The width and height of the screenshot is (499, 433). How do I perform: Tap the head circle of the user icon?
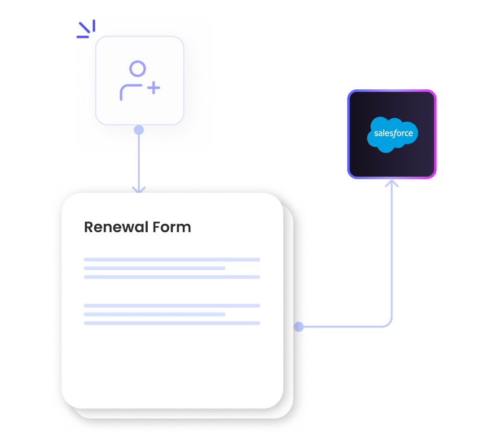tap(138, 69)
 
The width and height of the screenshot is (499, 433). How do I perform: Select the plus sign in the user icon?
tap(154, 89)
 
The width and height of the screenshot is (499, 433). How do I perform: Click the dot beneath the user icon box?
tap(139, 130)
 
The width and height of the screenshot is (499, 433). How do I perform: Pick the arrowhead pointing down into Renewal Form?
tap(139, 189)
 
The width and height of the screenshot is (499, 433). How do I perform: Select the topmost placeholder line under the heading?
tap(172, 259)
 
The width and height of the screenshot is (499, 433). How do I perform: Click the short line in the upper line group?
tap(154, 268)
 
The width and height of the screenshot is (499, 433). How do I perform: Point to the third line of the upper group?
tap(172, 277)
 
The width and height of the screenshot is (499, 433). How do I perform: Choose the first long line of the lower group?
tap(172, 306)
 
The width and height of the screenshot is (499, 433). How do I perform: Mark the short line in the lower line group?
tap(154, 314)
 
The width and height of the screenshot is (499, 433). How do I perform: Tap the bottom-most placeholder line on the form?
tap(172, 323)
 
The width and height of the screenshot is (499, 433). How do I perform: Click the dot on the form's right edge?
tap(298, 327)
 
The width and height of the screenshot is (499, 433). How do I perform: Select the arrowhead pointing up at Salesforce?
tap(392, 183)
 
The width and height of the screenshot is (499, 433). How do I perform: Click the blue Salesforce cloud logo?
tap(392, 133)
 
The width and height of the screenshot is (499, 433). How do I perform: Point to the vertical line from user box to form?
tap(139, 160)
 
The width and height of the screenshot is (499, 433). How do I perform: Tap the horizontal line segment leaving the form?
tap(344, 327)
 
